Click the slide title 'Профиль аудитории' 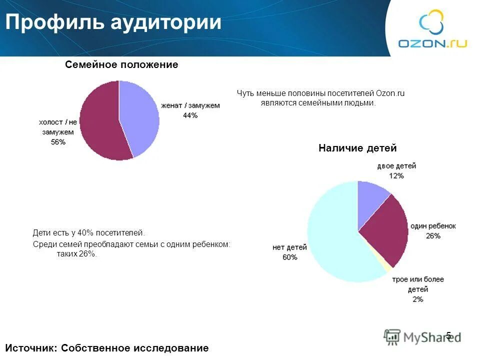click(113, 23)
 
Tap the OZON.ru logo click(432, 30)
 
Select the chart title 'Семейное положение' click(121, 65)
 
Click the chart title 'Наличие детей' click(357, 148)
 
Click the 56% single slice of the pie click(100, 122)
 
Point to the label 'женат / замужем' click(190, 106)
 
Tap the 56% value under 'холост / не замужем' click(58, 142)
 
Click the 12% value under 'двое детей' click(396, 175)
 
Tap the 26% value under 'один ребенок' click(433, 235)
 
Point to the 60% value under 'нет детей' click(289, 257)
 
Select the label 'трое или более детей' click(418, 284)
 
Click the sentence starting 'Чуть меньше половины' click(320, 98)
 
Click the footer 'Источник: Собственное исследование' click(106, 348)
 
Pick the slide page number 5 click(448, 335)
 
